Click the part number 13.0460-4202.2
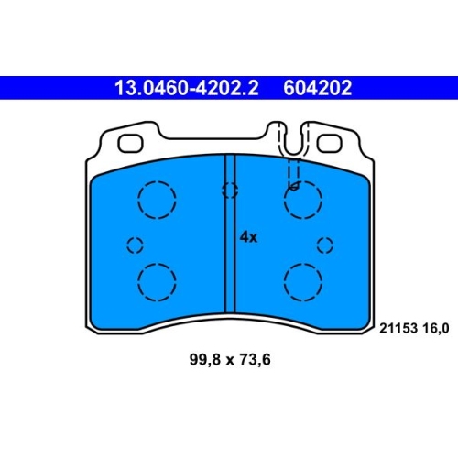[187, 88]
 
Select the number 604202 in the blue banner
[318, 88]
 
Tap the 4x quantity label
[248, 237]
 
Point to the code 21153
[398, 329]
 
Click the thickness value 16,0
[436, 329]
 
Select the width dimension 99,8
[205, 360]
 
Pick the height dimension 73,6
[255, 360]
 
